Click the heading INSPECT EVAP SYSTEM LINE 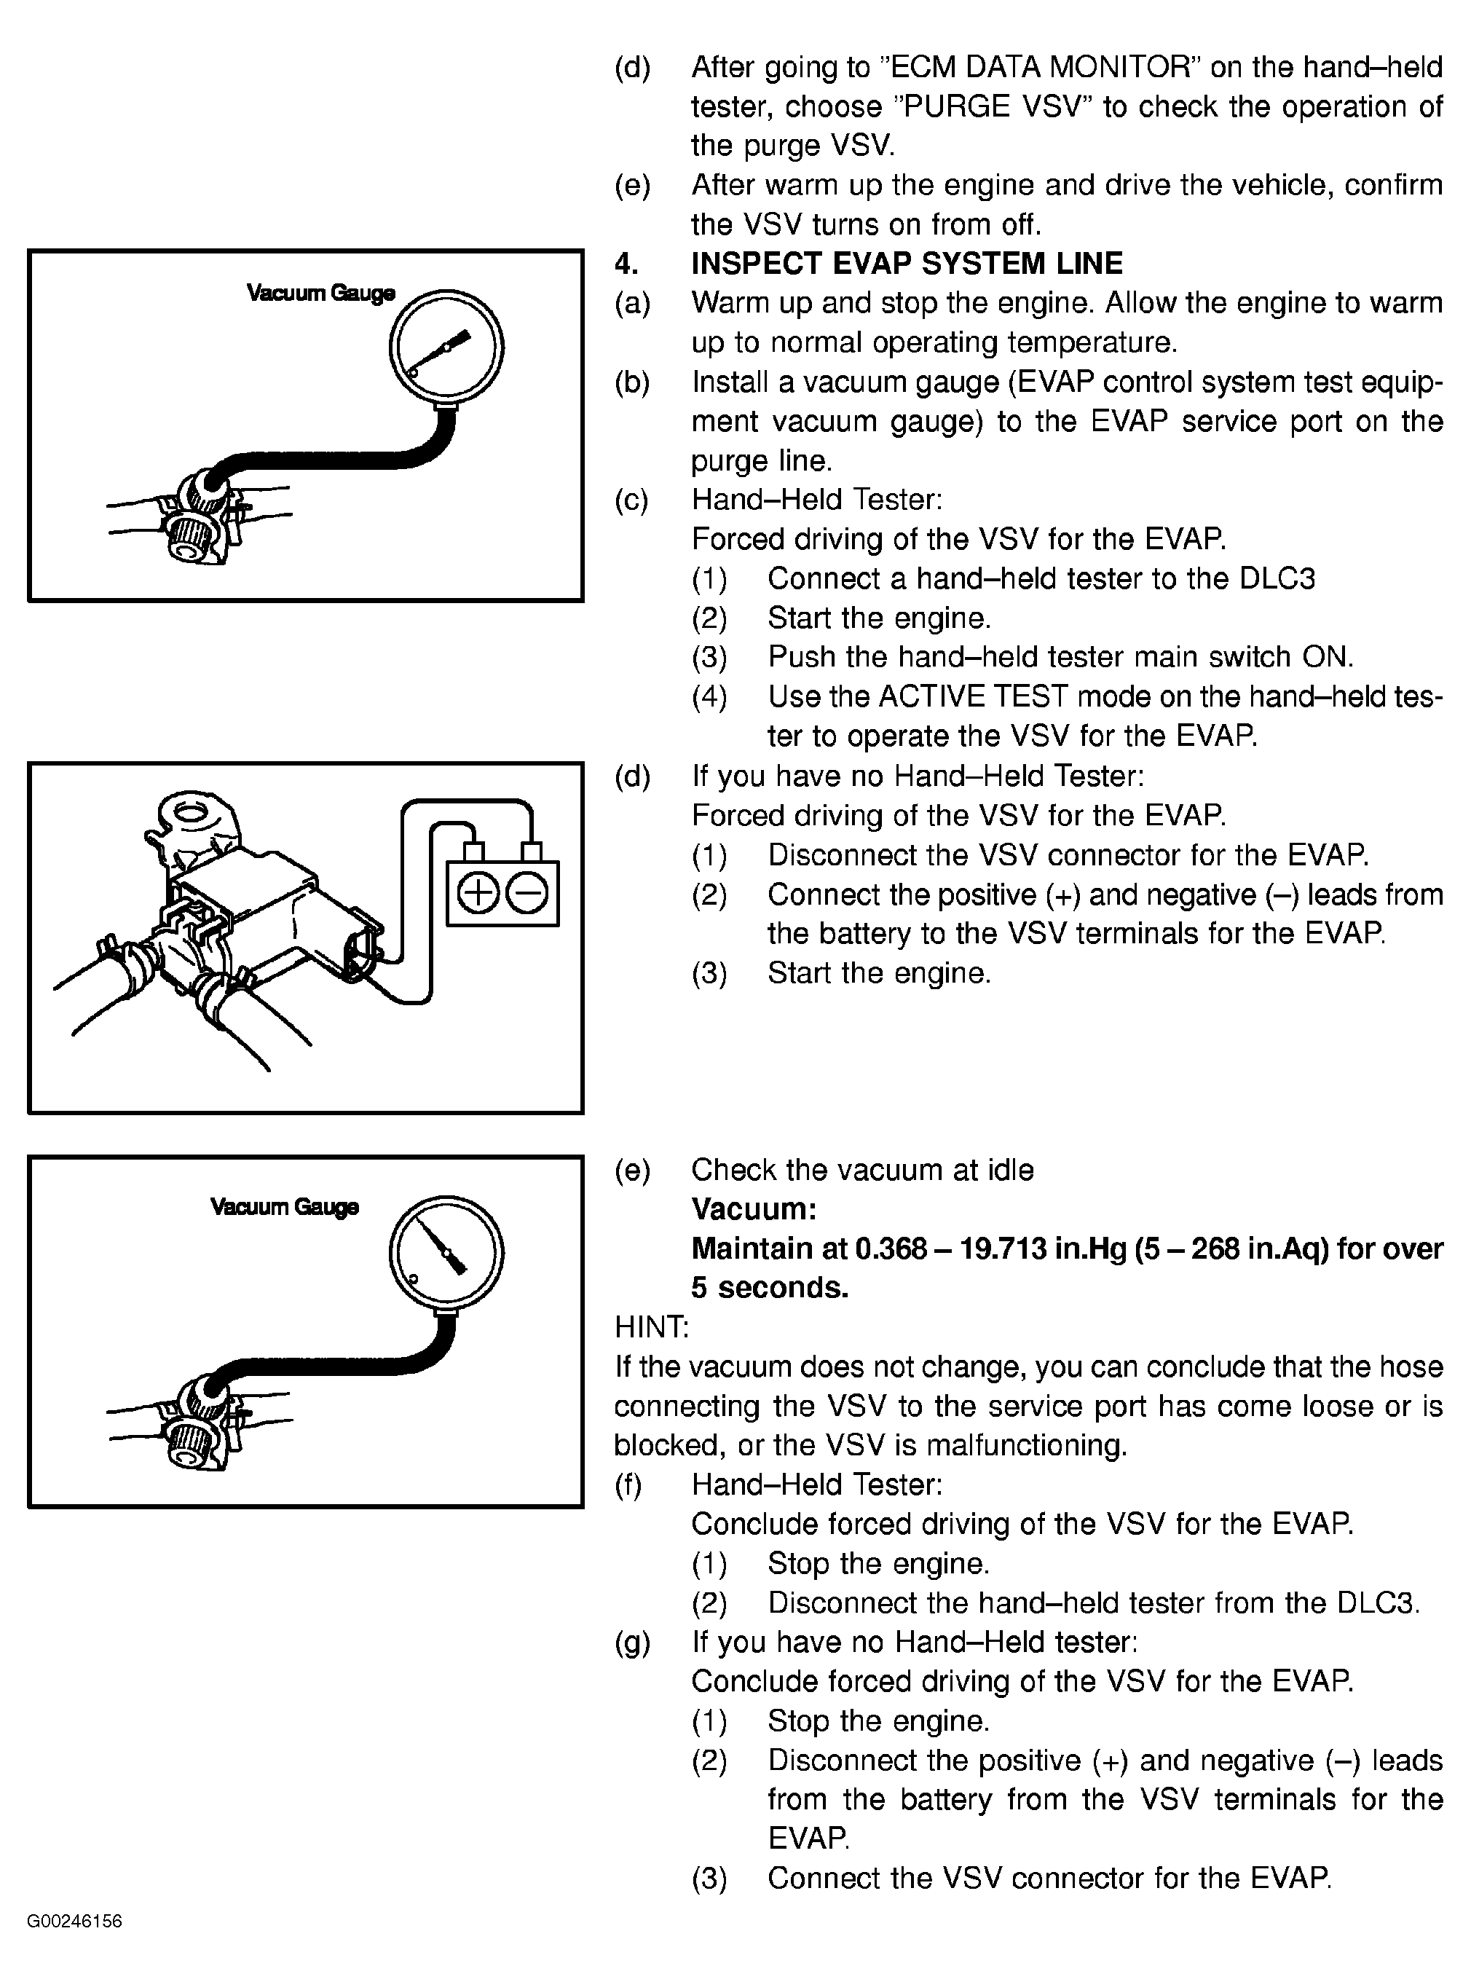pos(907,264)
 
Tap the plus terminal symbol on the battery pos(478,894)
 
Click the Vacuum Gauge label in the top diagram pos(320,293)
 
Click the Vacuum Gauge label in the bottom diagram pos(284,1207)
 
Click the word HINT pos(650,1327)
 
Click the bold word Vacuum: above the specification pos(753,1209)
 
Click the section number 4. pos(626,264)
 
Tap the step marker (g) pos(631,1642)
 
